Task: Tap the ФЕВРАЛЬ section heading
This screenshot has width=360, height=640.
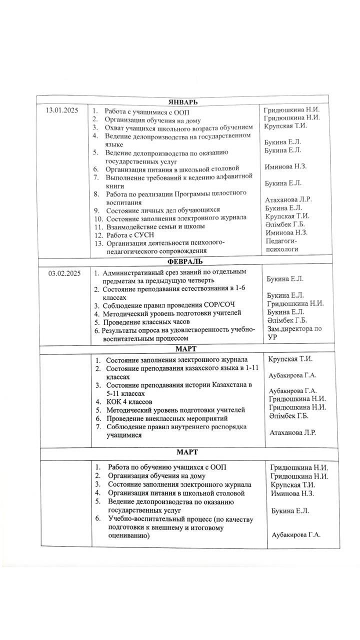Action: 181,261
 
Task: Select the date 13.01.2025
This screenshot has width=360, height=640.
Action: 63,110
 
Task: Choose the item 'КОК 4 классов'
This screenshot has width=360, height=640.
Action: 129,401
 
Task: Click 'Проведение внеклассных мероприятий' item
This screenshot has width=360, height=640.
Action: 167,418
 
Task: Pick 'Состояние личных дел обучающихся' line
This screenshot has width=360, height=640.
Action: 163,210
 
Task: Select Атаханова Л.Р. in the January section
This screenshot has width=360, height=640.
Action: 288,199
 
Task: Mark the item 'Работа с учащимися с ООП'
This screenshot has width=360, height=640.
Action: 147,111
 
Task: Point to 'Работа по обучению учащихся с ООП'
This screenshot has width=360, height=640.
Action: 167,467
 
